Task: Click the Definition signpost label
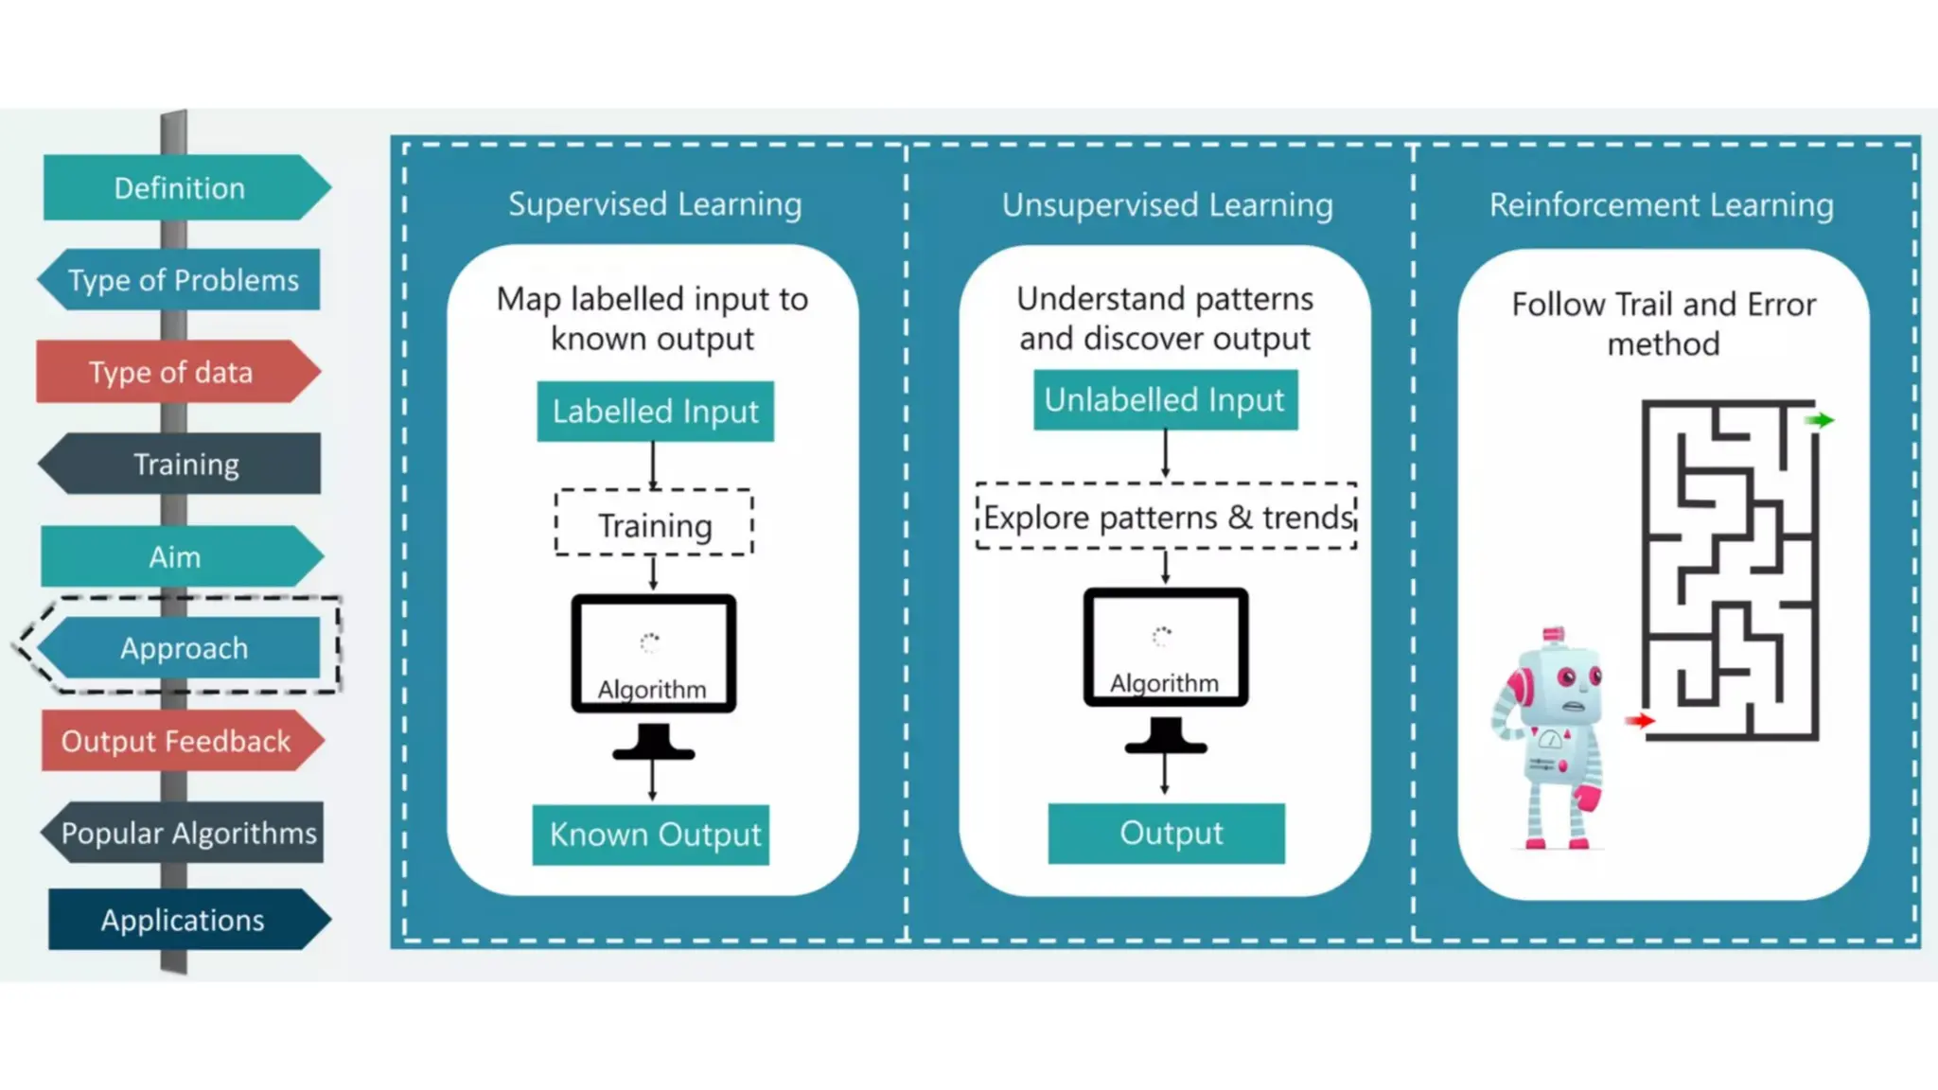click(180, 188)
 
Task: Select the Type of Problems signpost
click(183, 280)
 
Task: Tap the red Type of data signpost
click(171, 372)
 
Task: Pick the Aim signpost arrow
click(176, 556)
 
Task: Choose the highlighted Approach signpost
click(184, 648)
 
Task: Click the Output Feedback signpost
click(176, 741)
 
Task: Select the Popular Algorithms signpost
click(187, 833)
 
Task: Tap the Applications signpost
click(183, 920)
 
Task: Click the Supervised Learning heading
click(655, 204)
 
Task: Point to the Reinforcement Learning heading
click(1662, 204)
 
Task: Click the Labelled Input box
click(655, 412)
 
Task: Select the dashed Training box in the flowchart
click(654, 523)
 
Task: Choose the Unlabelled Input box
click(1165, 400)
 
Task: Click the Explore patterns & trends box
click(1167, 517)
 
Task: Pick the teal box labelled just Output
click(1167, 834)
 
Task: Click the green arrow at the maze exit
click(1819, 420)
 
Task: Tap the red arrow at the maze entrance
click(1639, 721)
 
